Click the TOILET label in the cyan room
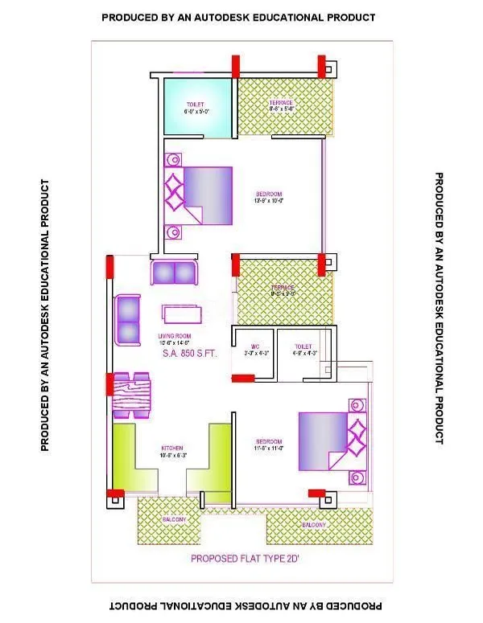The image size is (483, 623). pyautogui.click(x=195, y=105)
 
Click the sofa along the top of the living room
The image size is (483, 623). pyautogui.click(x=174, y=271)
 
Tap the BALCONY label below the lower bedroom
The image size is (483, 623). pyautogui.click(x=315, y=525)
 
